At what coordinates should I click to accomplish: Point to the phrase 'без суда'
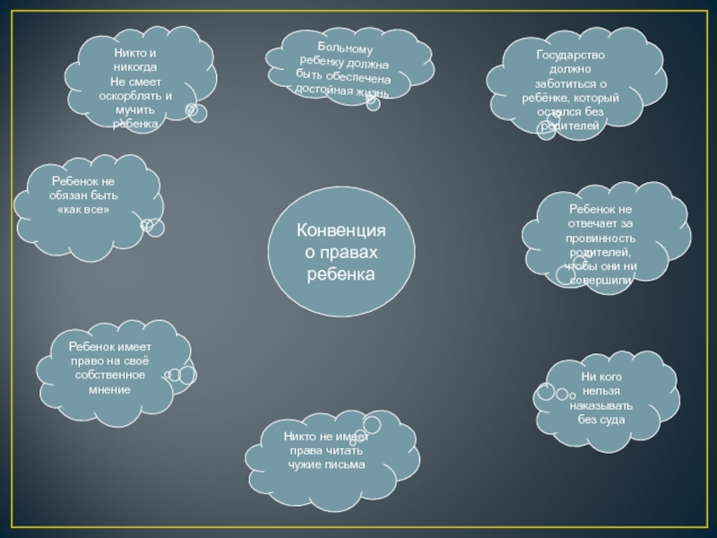(x=601, y=420)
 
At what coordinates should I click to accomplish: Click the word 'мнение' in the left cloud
(x=110, y=390)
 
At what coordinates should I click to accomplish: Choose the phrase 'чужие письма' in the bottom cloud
(x=326, y=465)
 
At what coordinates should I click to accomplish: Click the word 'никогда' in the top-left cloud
(x=135, y=68)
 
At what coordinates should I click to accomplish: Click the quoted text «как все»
(x=82, y=209)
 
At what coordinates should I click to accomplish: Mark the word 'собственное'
(x=110, y=376)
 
